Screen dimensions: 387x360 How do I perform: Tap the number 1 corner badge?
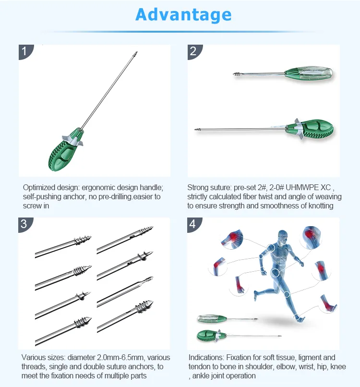pos(24,51)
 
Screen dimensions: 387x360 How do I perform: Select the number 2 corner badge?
pos(193,51)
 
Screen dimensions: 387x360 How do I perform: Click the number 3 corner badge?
pos(24,224)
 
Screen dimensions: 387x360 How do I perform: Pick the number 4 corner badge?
pos(193,224)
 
